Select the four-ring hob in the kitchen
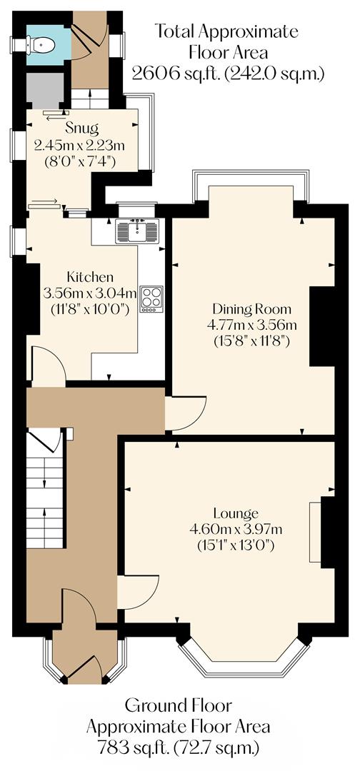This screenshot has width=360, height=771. click(151, 298)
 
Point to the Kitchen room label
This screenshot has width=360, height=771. click(90, 277)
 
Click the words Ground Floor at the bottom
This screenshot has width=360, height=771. click(178, 706)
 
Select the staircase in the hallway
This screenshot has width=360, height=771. click(45, 493)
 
